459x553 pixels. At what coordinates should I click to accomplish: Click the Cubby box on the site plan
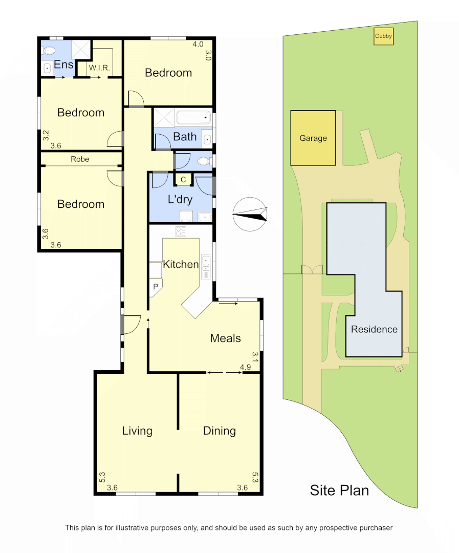(383, 36)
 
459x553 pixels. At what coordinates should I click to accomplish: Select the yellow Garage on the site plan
(313, 138)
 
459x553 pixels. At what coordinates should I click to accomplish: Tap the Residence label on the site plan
(374, 329)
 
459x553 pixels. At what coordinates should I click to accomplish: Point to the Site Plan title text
(339, 490)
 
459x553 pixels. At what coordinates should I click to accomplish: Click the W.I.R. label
(99, 68)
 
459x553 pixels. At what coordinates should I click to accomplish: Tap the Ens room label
(63, 65)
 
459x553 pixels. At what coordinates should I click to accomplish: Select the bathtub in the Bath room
(194, 118)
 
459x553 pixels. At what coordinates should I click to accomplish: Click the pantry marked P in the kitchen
(155, 287)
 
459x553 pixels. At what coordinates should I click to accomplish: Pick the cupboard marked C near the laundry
(183, 180)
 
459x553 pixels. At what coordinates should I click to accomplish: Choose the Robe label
(80, 159)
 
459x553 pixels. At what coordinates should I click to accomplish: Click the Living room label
(137, 431)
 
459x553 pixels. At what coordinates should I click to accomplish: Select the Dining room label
(220, 431)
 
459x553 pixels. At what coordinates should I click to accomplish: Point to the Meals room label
(225, 338)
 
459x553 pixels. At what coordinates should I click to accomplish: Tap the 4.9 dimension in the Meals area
(245, 367)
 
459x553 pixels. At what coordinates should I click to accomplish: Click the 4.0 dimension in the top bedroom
(198, 44)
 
